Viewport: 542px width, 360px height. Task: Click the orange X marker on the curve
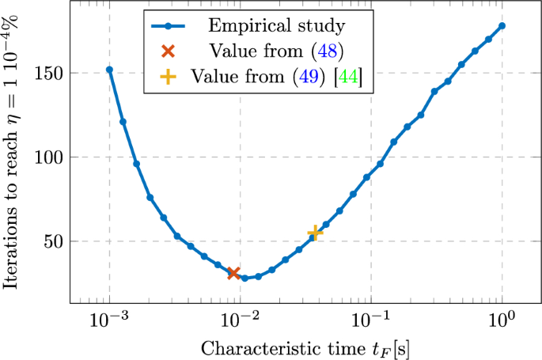tap(233, 273)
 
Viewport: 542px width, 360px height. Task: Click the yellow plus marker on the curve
tap(315, 233)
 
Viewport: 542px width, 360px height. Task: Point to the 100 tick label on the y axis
tap(47, 157)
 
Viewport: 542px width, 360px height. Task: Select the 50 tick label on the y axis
tap(51, 241)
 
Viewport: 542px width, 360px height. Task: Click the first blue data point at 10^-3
tap(109, 70)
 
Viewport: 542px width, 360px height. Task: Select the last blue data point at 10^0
tap(502, 25)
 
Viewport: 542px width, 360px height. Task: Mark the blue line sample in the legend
tap(169, 27)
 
